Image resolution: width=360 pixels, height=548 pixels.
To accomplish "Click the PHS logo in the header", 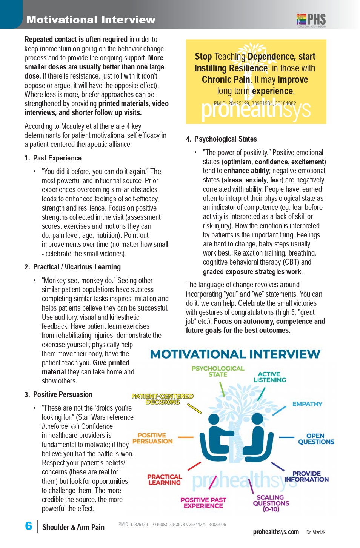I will (311, 20).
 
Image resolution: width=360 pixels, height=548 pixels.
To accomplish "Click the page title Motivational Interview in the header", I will (91, 20).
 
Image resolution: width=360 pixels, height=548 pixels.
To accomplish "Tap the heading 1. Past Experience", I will (53, 158).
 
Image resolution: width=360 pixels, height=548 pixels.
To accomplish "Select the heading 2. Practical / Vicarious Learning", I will (73, 267).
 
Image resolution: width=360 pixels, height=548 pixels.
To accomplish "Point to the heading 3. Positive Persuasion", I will (58, 394).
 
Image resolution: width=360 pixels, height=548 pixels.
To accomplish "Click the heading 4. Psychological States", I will (222, 139).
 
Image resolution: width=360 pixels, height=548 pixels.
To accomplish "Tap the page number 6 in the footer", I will (29, 526).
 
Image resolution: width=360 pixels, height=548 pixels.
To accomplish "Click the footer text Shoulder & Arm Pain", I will (73, 527).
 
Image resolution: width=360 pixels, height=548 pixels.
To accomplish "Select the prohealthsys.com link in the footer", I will (276, 532).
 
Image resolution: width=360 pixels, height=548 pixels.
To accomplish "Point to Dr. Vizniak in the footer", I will (316, 532).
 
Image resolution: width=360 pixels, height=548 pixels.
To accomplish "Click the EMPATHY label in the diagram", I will (307, 404).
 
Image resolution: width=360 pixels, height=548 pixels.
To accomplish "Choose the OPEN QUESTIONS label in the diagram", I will (316, 439).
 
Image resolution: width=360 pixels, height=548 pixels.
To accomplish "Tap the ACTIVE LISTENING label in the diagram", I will (269, 377).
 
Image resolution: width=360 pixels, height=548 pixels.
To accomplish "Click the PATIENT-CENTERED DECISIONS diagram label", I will (162, 399).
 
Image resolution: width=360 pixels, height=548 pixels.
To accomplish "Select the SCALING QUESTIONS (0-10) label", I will (271, 503).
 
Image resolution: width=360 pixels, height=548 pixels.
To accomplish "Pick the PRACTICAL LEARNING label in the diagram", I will (165, 479).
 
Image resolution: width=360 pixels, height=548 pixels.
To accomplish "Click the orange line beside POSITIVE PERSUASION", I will (186, 437).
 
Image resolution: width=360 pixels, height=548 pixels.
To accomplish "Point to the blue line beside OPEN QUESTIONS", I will (286, 437).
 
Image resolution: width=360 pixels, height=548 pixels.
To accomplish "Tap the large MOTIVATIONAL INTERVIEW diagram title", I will (235, 354).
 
